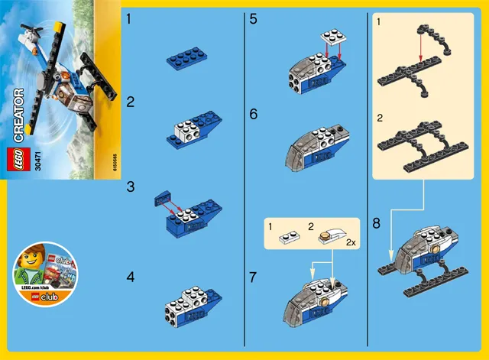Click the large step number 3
click(131, 187)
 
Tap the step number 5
click(253, 19)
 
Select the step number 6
click(253, 114)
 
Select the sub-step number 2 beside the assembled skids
click(381, 118)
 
